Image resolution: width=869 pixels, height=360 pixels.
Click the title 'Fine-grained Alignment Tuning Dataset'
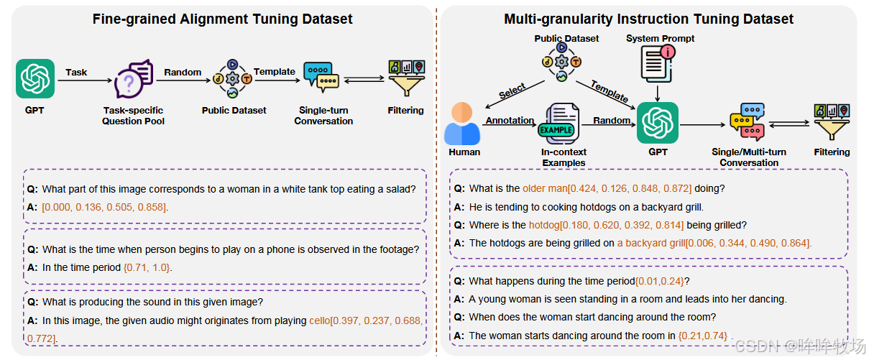tap(222, 19)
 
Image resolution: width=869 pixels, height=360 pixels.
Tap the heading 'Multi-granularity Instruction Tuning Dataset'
tap(648, 19)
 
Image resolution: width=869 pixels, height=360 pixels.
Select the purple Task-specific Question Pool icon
tap(133, 80)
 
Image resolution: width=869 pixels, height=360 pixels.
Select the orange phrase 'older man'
tap(544, 189)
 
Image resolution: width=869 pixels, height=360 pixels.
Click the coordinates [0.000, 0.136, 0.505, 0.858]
tap(104, 208)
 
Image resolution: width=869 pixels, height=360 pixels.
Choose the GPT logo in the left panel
tap(35, 79)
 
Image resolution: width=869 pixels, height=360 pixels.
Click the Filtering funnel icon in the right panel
tap(831, 122)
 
